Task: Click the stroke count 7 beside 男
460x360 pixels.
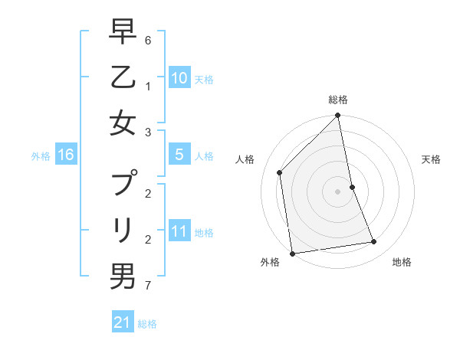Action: [x=147, y=286]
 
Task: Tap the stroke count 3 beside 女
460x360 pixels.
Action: [x=147, y=133]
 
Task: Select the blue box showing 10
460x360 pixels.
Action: [x=179, y=78]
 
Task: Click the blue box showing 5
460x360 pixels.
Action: [x=179, y=155]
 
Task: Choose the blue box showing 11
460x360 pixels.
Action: [x=179, y=232]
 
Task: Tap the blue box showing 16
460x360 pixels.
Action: [x=65, y=155]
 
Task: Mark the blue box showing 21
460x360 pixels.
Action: [x=122, y=322]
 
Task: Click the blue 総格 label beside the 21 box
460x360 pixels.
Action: [x=147, y=324]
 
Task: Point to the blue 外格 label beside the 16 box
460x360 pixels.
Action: [x=41, y=156]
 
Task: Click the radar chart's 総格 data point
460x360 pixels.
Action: [x=337, y=116]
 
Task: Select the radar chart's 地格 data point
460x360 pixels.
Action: [x=374, y=242]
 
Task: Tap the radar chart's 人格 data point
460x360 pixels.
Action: [x=280, y=172]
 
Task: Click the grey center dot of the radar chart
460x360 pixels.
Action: [x=337, y=191]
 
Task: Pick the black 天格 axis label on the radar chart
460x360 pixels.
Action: [x=432, y=159]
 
